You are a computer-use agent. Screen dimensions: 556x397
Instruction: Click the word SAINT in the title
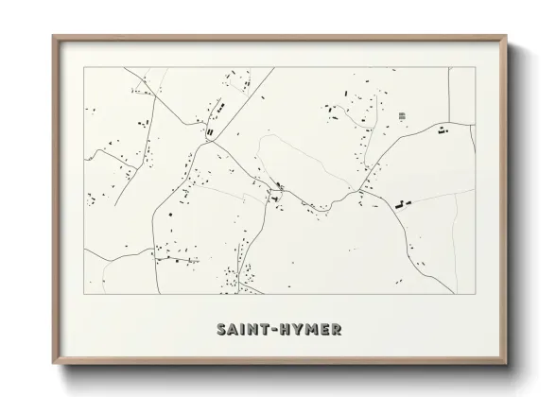pyautogui.click(x=242, y=331)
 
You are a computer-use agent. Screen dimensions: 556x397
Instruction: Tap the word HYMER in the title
pyautogui.click(x=311, y=331)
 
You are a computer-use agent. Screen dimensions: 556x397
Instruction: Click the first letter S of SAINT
pyautogui.click(x=220, y=331)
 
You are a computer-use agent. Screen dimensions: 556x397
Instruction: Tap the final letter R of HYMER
pyautogui.click(x=338, y=331)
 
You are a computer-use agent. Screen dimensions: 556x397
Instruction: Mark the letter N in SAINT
pyautogui.click(x=252, y=331)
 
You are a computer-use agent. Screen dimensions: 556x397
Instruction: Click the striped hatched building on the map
pyautogui.click(x=402, y=115)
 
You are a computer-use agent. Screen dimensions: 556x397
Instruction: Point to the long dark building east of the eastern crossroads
pyautogui.click(x=402, y=203)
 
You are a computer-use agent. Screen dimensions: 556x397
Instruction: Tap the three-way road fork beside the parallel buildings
pyautogui.click(x=215, y=142)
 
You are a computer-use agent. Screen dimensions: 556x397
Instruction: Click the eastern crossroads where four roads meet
pyautogui.click(x=361, y=192)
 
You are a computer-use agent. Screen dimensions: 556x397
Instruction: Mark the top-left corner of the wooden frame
pyautogui.click(x=53, y=36)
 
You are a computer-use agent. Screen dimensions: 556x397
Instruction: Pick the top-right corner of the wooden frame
pyautogui.click(x=506, y=36)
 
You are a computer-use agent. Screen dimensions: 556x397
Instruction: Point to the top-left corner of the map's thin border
pyautogui.click(x=84, y=68)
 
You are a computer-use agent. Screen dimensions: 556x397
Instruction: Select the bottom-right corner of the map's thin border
pyautogui.click(x=474, y=294)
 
